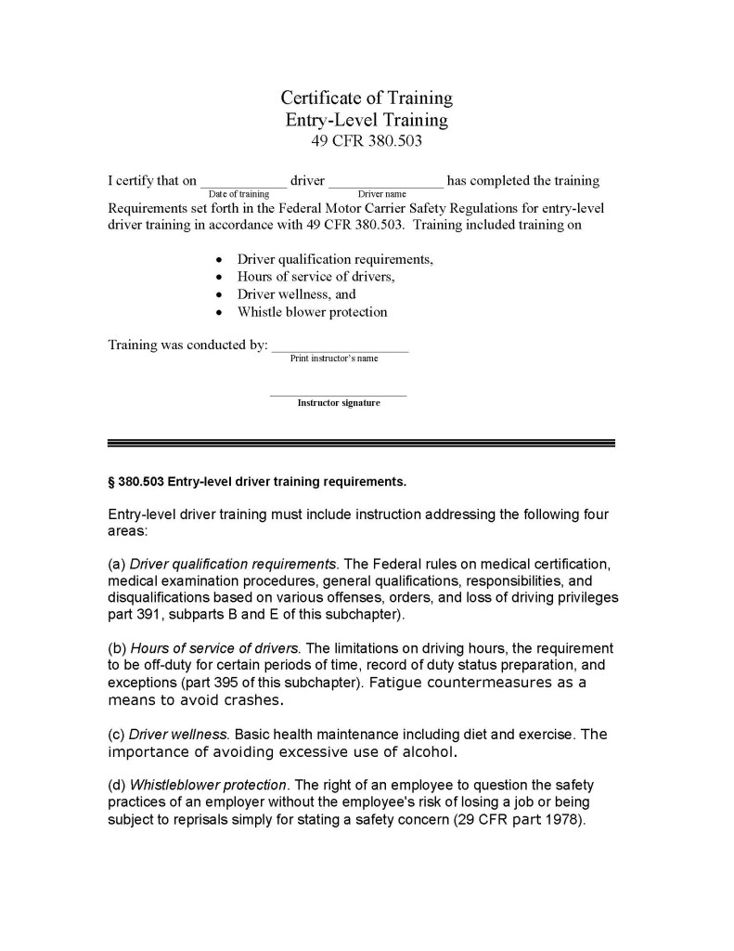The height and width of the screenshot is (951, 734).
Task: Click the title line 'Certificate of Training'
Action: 367,98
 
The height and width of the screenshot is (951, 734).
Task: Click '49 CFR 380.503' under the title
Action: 367,141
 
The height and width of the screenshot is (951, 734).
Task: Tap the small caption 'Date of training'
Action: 239,194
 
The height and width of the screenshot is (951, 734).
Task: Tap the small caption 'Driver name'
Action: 382,194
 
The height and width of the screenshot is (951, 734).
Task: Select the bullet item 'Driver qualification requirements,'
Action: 335,259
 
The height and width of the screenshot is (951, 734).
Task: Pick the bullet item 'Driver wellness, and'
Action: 296,294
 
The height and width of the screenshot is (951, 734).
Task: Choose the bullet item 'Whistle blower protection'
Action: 312,312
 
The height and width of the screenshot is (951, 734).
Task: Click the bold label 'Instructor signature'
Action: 339,403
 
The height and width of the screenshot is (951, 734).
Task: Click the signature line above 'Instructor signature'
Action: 338,396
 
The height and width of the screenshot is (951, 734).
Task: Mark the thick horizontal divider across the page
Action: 361,443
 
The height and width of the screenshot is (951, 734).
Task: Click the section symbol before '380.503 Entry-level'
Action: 111,483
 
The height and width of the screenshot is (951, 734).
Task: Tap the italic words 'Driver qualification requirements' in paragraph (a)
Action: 233,564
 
